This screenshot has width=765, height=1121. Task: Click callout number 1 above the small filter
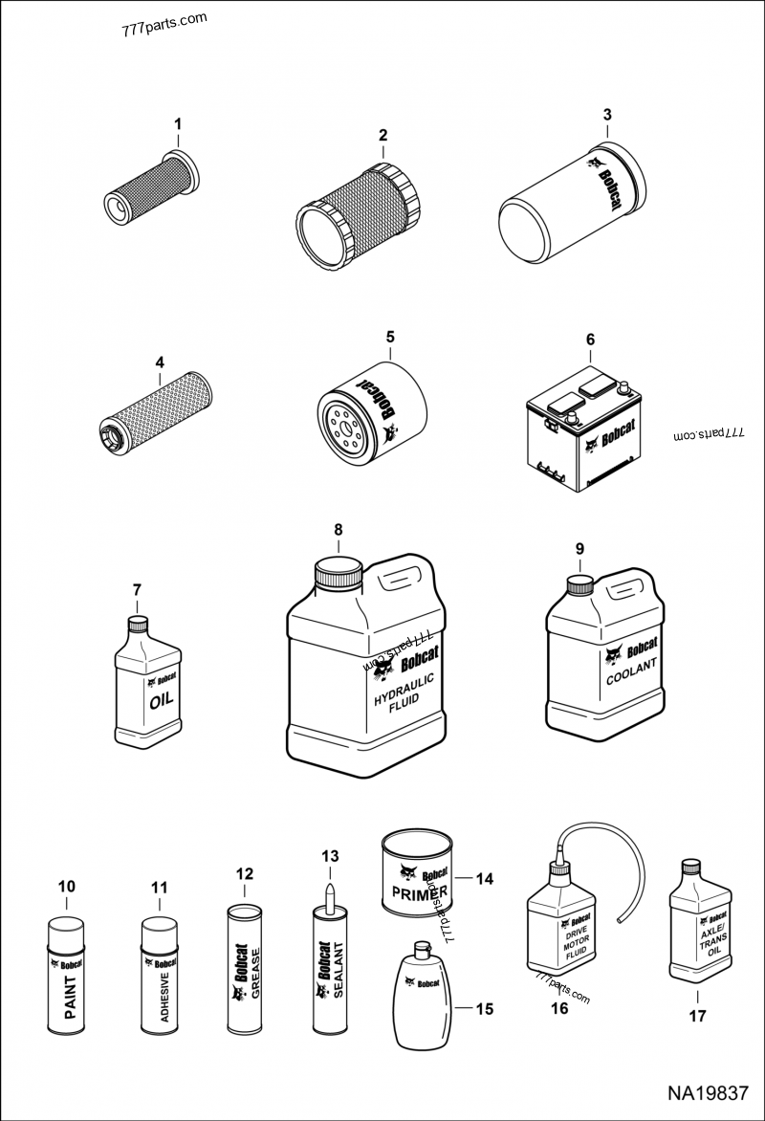click(176, 123)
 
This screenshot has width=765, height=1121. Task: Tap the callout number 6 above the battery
click(590, 340)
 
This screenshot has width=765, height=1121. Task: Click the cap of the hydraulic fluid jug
click(339, 576)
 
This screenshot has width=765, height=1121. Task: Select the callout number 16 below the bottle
click(558, 1008)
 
